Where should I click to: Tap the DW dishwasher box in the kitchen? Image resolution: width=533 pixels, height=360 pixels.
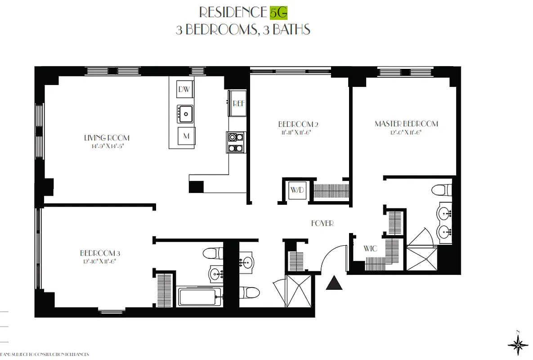tap(184, 89)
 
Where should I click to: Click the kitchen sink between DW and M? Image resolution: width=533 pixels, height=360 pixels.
tap(185, 112)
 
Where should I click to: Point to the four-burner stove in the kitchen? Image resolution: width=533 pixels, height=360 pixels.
tap(236, 142)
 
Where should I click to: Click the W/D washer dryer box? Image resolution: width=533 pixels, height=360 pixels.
tap(297, 190)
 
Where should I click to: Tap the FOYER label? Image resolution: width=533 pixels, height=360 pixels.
tap(322, 223)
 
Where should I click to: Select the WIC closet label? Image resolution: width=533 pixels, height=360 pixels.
tap(370, 248)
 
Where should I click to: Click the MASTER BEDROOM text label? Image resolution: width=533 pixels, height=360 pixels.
tap(406, 124)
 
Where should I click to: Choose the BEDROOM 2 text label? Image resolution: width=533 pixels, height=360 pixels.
tap(295, 124)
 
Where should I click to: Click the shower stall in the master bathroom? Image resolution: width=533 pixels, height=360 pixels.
tap(421, 258)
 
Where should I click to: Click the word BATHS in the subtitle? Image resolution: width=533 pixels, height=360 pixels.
tap(290, 30)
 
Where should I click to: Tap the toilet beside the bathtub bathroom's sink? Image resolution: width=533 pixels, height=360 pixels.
tap(211, 253)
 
